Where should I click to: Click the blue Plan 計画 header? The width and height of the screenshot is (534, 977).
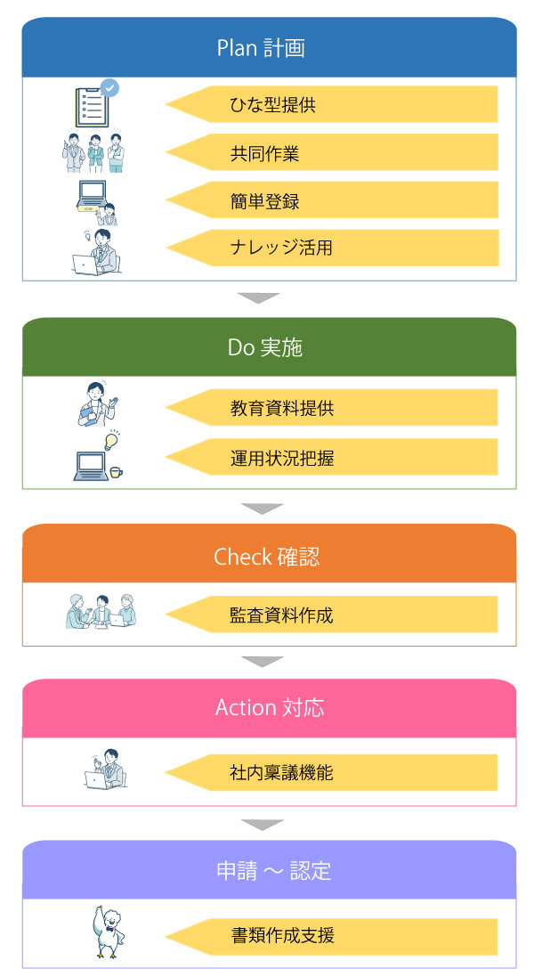tap(269, 47)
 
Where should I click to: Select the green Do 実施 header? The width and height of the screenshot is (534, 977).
tap(269, 347)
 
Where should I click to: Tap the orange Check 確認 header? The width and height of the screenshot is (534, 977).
tap(269, 557)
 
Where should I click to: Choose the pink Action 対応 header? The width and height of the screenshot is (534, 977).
tap(269, 708)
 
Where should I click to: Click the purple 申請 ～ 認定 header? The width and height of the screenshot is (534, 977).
tap(269, 870)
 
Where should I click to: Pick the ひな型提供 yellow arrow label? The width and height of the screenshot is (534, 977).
tap(331, 105)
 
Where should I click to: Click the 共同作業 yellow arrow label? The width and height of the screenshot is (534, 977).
tap(331, 153)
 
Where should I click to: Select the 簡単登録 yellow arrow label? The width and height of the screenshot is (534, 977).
tap(331, 201)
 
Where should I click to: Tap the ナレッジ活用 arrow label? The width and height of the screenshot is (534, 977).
tap(331, 248)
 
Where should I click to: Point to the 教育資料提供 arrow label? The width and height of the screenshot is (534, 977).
tap(331, 409)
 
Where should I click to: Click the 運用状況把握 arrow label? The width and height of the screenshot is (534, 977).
tap(331, 459)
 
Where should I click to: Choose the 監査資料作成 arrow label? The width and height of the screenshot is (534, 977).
tap(331, 615)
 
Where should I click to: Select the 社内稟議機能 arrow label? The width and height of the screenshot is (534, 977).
tap(331, 772)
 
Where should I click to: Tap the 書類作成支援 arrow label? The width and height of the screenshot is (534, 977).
tap(331, 936)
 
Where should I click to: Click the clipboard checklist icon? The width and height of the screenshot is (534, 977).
tap(93, 106)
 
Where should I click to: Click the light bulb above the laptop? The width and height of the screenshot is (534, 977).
tap(111, 439)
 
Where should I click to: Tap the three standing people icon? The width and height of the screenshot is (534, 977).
tap(94, 154)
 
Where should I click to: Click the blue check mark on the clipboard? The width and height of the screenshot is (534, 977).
tap(109, 87)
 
